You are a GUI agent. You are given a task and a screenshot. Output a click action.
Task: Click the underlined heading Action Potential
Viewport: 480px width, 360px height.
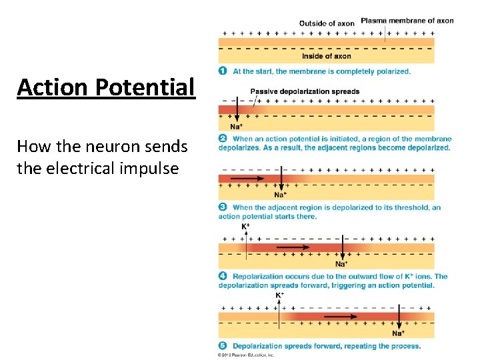pos(106,87)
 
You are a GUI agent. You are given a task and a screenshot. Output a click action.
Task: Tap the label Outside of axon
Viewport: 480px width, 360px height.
pos(327,23)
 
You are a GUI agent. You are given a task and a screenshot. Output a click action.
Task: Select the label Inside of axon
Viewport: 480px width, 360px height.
pos(326,56)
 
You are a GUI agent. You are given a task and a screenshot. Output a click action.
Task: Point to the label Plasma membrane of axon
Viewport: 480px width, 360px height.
pos(407,21)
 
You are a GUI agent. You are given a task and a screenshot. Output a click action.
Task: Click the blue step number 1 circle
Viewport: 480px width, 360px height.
pos(223,71)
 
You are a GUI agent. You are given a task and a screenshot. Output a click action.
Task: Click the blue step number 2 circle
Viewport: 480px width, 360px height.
pos(223,139)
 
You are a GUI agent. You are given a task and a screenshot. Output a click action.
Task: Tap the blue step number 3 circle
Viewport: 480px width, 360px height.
pos(223,207)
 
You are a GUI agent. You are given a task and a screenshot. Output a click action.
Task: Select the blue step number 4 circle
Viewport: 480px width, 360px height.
pos(223,276)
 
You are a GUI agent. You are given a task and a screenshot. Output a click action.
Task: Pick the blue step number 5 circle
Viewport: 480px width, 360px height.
pos(223,346)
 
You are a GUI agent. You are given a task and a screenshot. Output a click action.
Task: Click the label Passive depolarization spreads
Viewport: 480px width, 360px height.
pos(305,91)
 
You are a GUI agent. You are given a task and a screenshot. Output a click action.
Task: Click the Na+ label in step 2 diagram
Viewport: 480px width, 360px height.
pos(236,127)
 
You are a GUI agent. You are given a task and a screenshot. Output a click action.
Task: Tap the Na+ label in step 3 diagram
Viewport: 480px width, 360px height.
pos(281,195)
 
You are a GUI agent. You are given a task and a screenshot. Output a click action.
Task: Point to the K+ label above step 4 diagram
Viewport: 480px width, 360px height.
pos(246,227)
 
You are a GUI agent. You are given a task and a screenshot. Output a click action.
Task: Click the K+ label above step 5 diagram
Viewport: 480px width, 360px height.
pos(280,295)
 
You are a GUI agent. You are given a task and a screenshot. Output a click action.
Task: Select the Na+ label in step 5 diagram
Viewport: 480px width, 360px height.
pos(399,333)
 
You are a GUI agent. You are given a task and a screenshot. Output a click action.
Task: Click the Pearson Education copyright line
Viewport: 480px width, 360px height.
pos(246,355)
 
